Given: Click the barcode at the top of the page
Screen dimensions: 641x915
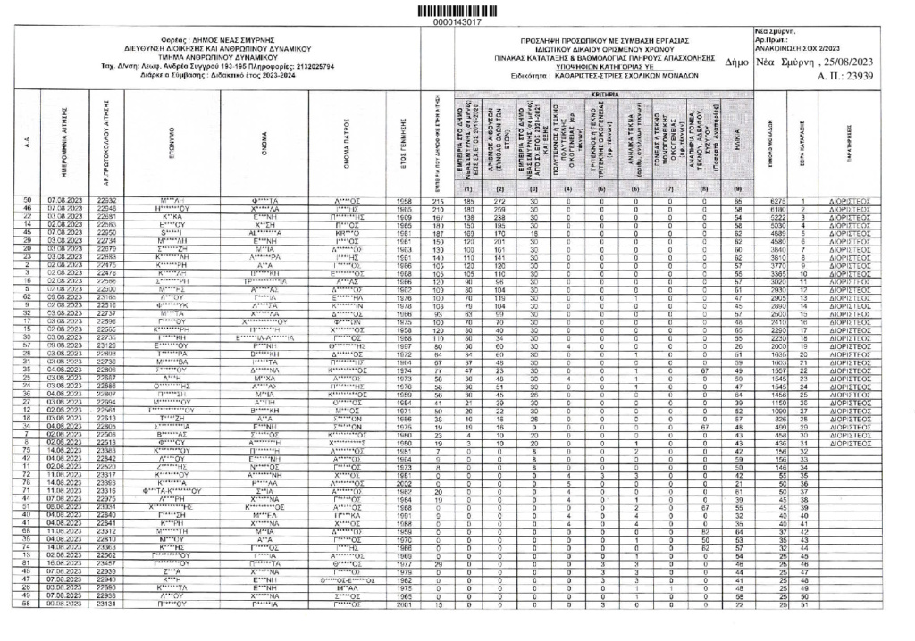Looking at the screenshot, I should pos(457,9).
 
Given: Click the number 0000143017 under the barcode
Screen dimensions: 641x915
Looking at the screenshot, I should pos(457,21).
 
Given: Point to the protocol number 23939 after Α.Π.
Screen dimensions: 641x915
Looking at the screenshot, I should pos(856,79).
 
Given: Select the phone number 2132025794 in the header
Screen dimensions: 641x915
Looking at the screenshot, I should pos(312,66).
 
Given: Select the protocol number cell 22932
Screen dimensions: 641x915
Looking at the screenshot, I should pos(107,227).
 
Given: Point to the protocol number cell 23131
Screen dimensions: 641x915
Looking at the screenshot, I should pos(107,629).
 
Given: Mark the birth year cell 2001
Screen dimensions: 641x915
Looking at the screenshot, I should pos(404,629).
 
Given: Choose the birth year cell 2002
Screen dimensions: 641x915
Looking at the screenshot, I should pos(404,483).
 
